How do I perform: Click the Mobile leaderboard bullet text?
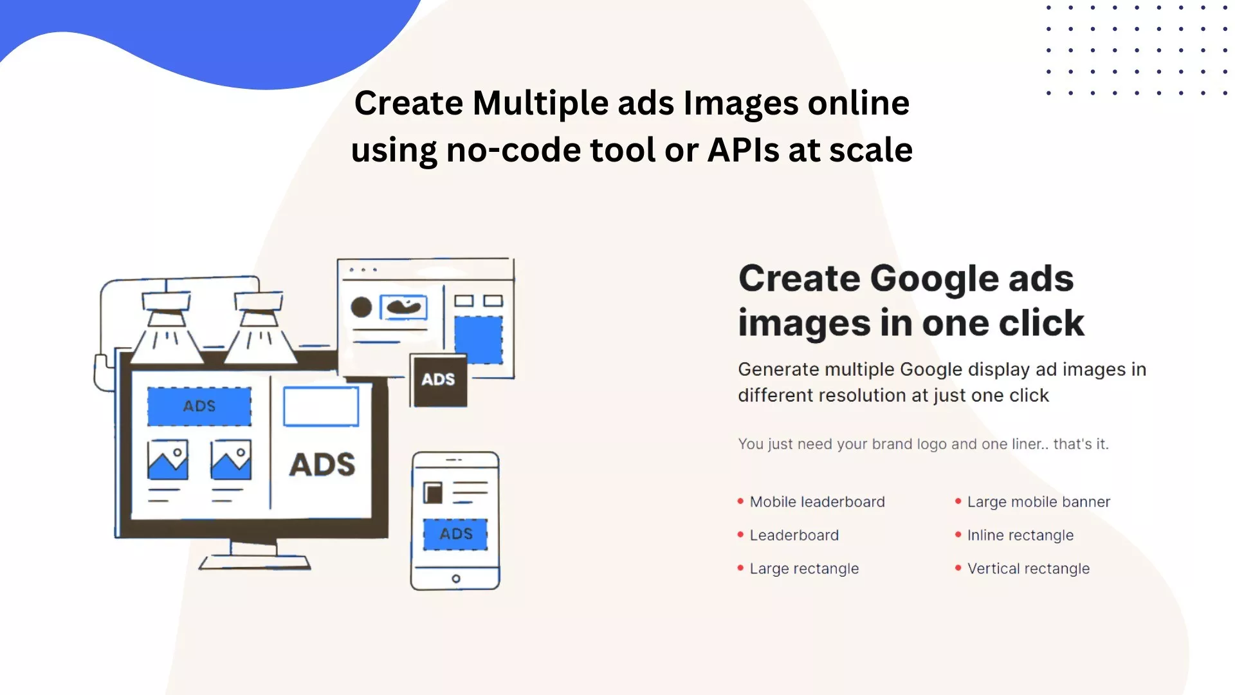coord(817,502)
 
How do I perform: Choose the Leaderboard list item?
coord(794,535)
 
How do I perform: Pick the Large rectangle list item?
coord(804,569)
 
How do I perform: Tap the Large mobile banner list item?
coord(1038,502)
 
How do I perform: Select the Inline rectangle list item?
coord(1020,535)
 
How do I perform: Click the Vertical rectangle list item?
coord(1028,569)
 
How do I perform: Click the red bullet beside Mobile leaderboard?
coord(740,501)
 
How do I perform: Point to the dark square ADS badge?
coord(439,380)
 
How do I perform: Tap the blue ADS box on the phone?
coord(455,534)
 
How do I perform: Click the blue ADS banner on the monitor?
coord(199,406)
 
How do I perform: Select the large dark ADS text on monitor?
coord(322,465)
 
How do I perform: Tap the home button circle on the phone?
coord(456,579)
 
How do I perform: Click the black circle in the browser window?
coord(361,307)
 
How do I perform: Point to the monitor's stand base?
coord(255,562)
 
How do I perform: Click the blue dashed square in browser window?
coord(479,340)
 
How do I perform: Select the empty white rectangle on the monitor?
coord(321,407)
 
